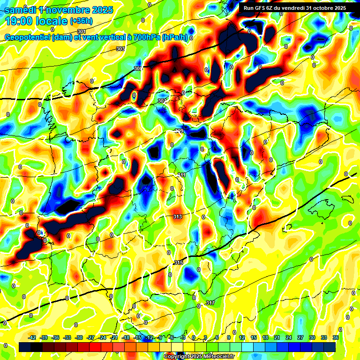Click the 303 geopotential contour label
(x=120, y=49)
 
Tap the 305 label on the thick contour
(x=137, y=68)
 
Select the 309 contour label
(x=179, y=131)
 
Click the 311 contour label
(x=181, y=175)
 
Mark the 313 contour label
(x=177, y=217)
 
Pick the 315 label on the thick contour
(x=178, y=262)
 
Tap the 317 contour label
(x=210, y=303)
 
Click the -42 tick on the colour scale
(x=32, y=337)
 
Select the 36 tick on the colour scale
(x=336, y=337)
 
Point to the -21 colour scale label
(x=114, y=337)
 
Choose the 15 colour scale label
(x=254, y=337)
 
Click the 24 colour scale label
(x=288, y=337)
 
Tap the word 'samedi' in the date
(x=21, y=9)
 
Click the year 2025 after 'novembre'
(x=99, y=9)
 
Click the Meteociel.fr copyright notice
(x=199, y=356)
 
